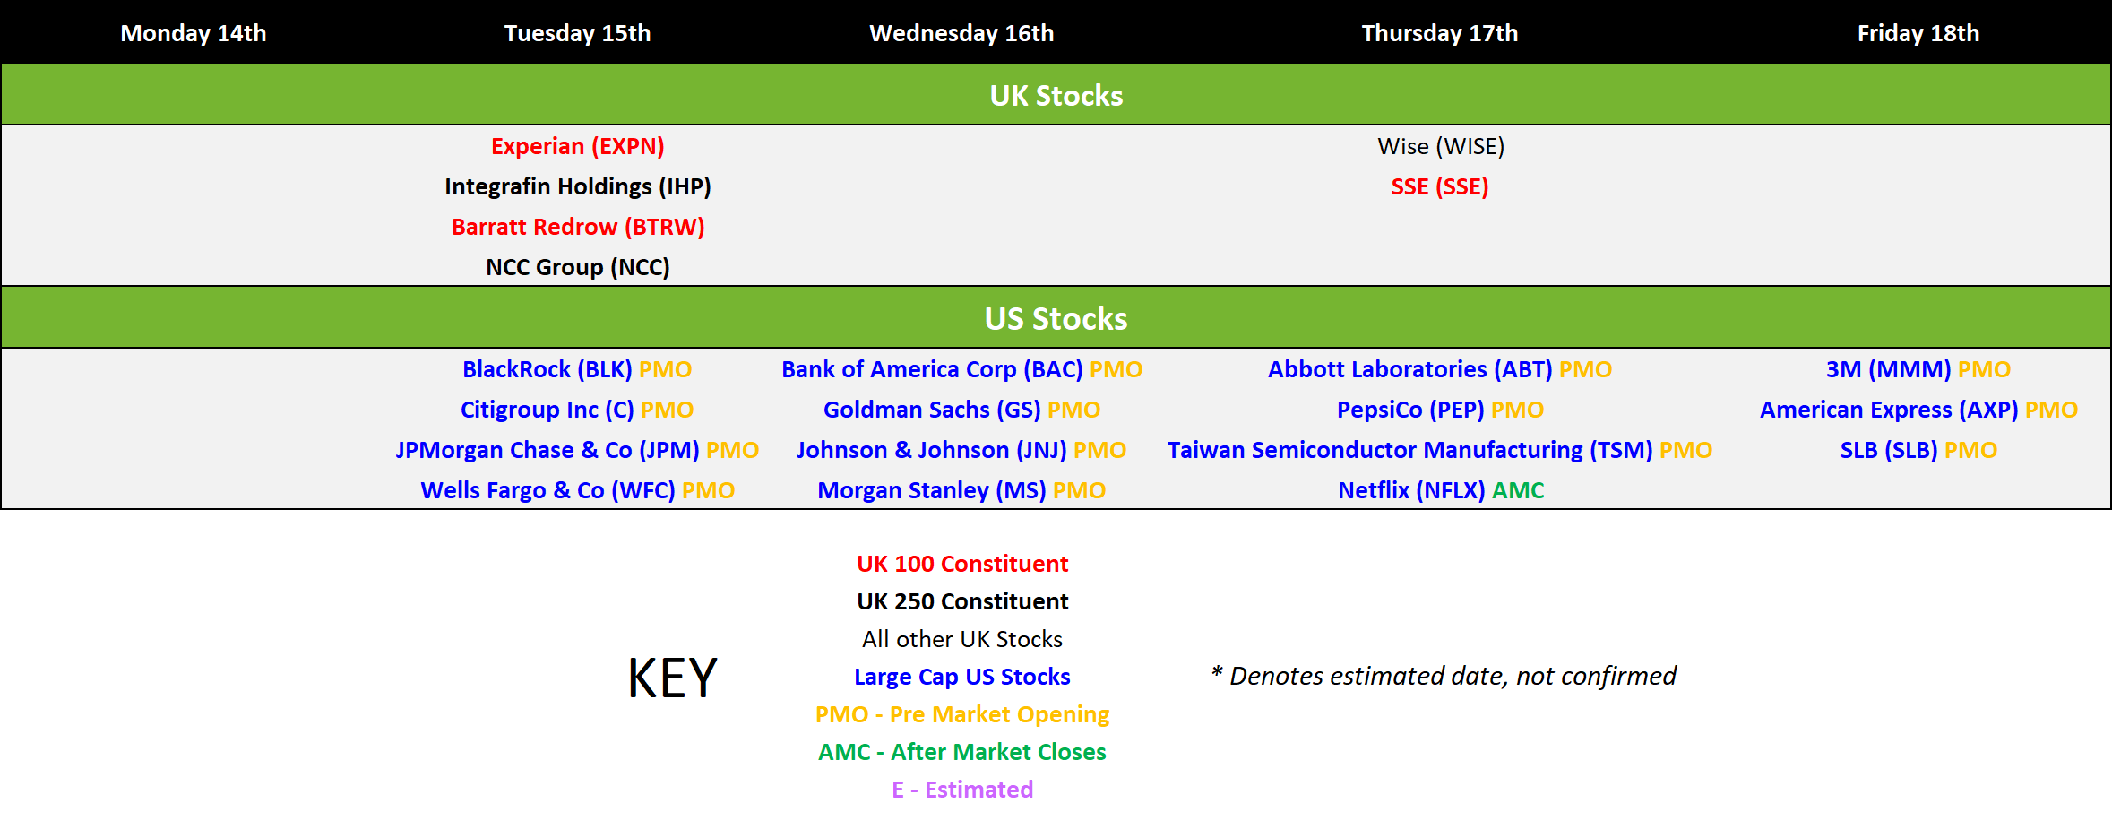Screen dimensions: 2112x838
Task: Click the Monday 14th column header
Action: pyautogui.click(x=194, y=33)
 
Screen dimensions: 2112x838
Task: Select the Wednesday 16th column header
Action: pyautogui.click(x=961, y=33)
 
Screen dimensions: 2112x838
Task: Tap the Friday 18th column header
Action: pyautogui.click(x=1918, y=33)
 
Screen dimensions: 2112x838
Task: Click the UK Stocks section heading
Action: pyautogui.click(x=1056, y=95)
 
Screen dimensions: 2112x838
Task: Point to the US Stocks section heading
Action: pyautogui.click(x=1056, y=318)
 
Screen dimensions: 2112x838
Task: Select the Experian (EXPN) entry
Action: pyautogui.click(x=578, y=146)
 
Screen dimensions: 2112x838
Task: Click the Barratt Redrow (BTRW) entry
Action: pyautogui.click(x=578, y=227)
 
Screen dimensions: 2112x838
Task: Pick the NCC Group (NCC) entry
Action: pyautogui.click(x=578, y=267)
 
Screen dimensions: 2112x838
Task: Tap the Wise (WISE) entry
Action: pyautogui.click(x=1441, y=146)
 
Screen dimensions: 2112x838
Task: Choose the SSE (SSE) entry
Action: pyautogui.click(x=1440, y=186)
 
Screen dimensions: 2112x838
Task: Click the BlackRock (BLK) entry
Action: pyautogui.click(x=547, y=369)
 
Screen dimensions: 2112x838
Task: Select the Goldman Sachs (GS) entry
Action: pyautogui.click(x=932, y=410)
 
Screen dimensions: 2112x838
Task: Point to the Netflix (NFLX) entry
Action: pyautogui.click(x=1411, y=490)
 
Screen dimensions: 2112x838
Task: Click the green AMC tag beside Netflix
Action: pyautogui.click(x=1518, y=490)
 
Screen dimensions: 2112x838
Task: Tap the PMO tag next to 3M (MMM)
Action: pyautogui.click(x=1984, y=369)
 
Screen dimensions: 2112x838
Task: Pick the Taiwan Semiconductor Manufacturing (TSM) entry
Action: pyautogui.click(x=1409, y=450)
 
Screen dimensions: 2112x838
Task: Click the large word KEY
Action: pyautogui.click(x=673, y=678)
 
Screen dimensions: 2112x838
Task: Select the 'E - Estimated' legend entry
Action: pyautogui.click(x=962, y=790)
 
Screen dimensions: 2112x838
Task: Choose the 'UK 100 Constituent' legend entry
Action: pyautogui.click(x=962, y=564)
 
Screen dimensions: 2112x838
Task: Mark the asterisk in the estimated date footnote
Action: pyautogui.click(x=1217, y=671)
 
